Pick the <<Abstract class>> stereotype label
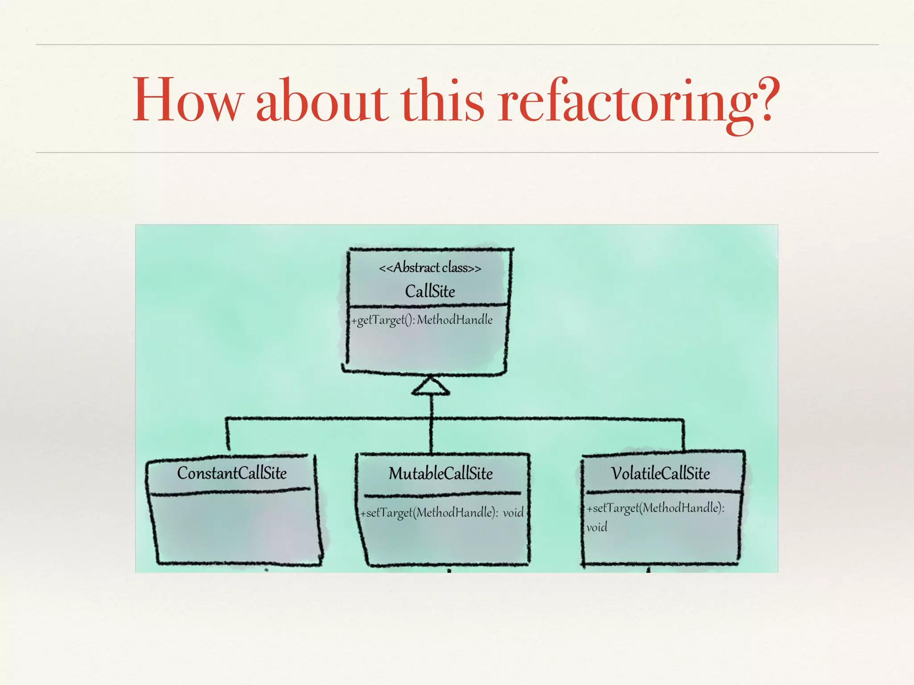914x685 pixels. click(x=430, y=268)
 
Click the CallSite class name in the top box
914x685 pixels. click(x=430, y=292)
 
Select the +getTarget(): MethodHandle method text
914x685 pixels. click(x=422, y=320)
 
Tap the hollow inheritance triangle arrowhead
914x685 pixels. click(x=431, y=387)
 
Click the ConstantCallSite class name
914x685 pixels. click(x=232, y=473)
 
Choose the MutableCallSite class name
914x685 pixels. click(x=440, y=474)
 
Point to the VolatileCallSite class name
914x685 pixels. click(x=660, y=474)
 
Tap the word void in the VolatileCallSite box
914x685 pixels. click(x=597, y=528)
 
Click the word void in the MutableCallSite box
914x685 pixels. click(x=513, y=513)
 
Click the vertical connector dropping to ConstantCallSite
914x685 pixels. click(x=228, y=433)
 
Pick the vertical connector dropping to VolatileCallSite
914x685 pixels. click(x=683, y=435)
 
